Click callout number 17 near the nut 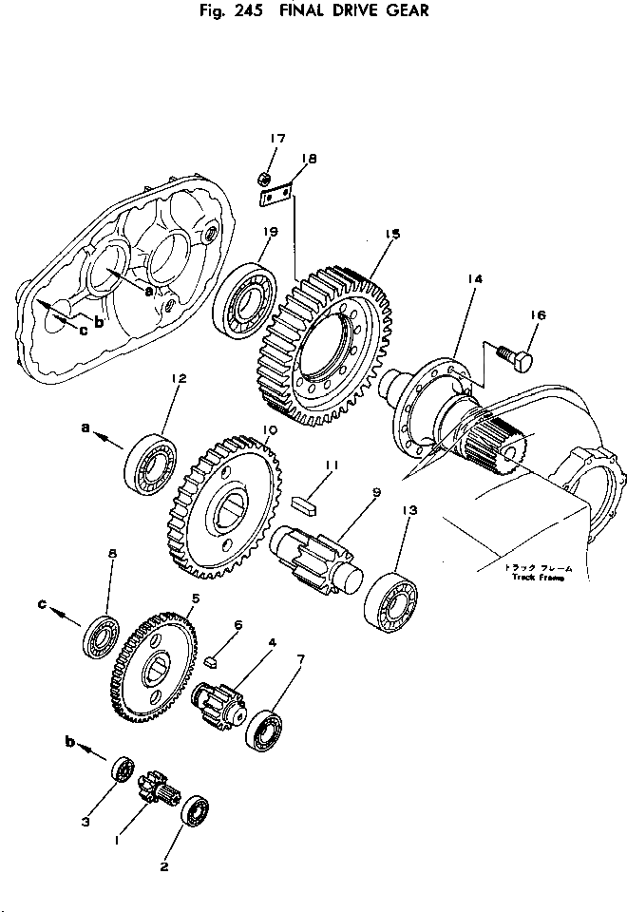(276, 139)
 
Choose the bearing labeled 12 (151, 462)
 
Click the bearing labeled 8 (101, 636)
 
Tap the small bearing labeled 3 (122, 769)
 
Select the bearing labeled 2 (196, 813)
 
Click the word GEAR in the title (408, 11)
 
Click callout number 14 (475, 278)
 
